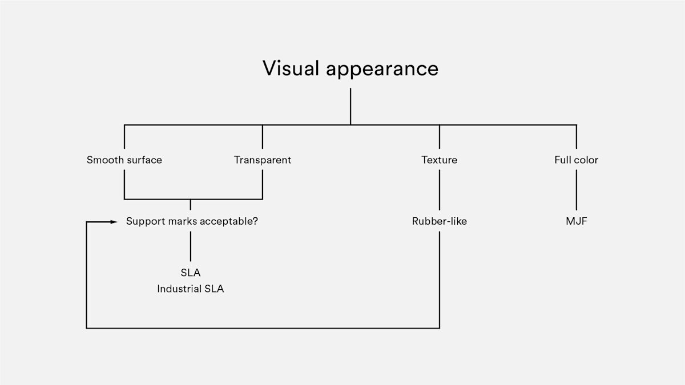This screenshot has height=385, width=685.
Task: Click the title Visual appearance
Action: coord(350,68)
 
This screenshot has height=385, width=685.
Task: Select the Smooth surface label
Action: coord(124,160)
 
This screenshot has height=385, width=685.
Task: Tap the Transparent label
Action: coord(263,160)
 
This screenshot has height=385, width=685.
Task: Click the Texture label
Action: coord(440,160)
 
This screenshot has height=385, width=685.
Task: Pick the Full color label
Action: coord(577,160)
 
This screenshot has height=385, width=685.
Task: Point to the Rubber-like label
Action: coord(440,221)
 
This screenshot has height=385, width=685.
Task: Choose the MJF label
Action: coord(577,221)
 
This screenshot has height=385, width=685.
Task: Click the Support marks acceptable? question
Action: coord(192,221)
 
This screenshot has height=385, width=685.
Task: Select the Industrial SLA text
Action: coord(191,289)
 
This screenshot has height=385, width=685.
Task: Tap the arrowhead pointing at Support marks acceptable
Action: coord(114,221)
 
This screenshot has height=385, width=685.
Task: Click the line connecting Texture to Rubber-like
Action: coord(440,191)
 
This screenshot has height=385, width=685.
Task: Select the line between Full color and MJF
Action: coord(577,191)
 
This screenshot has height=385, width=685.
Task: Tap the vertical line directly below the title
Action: coord(350,106)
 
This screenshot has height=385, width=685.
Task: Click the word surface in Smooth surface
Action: coord(143,160)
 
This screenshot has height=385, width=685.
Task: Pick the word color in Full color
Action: coord(586,160)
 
